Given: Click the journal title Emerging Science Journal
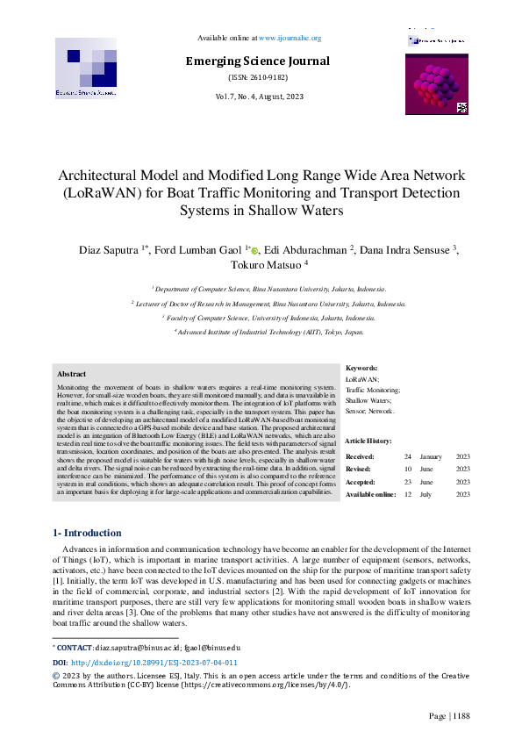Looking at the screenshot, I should click(x=258, y=61).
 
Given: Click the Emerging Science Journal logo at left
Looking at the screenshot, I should click(x=86, y=68).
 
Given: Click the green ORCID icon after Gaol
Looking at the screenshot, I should click(x=254, y=251).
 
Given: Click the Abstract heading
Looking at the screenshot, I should click(x=71, y=374).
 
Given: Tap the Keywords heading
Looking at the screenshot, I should click(x=361, y=369).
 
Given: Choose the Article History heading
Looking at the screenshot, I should click(x=369, y=440).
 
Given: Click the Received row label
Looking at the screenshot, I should click(x=360, y=457).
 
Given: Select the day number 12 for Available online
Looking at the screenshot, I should click(x=408, y=494).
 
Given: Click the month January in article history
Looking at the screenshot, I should click(x=431, y=457).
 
